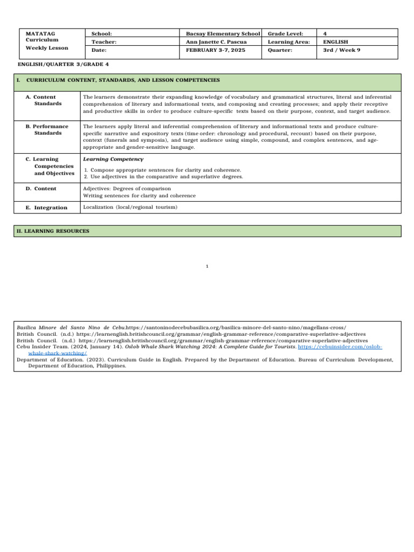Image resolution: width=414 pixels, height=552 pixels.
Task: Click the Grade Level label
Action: pos(285,33)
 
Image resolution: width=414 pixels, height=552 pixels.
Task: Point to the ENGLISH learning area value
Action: pos(335,42)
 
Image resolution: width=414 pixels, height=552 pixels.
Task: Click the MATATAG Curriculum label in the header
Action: pos(42,37)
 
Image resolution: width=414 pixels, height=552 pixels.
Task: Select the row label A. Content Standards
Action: pos(48,100)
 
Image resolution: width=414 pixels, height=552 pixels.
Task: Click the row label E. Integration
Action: pos(51,208)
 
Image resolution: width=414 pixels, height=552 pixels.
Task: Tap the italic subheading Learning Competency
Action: pos(113,159)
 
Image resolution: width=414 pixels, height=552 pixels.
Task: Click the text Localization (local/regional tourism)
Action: pos(130,207)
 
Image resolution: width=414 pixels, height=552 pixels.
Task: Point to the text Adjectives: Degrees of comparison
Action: pos(127,189)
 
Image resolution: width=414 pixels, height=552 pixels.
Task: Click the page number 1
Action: pos(207,266)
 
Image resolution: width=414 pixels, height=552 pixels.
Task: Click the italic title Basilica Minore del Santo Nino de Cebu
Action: pos(71,327)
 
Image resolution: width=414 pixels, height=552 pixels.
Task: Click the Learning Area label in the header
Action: pos(288,42)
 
